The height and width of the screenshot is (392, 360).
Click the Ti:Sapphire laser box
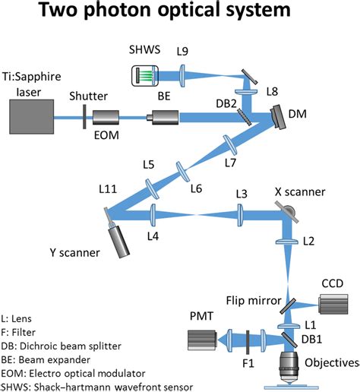point(32,116)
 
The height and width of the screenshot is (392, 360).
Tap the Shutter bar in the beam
point(84,117)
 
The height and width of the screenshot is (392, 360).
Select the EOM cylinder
point(106,117)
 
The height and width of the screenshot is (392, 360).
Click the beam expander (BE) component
point(163,117)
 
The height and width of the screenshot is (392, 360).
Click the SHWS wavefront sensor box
point(145,76)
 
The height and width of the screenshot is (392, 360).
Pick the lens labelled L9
point(182,76)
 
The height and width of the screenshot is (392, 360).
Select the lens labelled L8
point(246,91)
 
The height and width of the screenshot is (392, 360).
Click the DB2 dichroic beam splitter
point(245,117)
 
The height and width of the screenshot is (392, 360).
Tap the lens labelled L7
point(230,145)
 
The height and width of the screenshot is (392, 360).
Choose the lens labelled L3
point(240,215)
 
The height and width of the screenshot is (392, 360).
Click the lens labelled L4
point(153,215)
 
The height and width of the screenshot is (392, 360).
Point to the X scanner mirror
point(287,212)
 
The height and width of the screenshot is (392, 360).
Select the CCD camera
point(333,304)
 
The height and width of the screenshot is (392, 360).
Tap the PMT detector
point(202,340)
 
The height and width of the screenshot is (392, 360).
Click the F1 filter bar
point(248,342)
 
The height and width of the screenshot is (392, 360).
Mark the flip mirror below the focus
point(288,306)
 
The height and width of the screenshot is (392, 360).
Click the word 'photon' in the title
point(117,10)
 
